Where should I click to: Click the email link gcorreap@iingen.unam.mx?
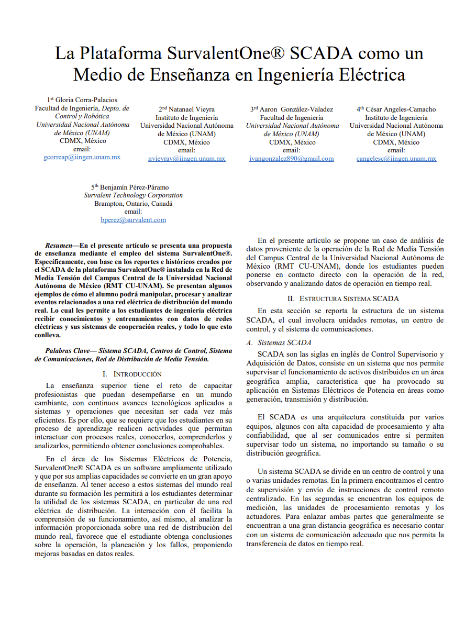pyautogui.click(x=82, y=157)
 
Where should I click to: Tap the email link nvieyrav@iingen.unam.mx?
pyautogui.click(x=186, y=159)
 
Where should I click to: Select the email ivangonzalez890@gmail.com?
pyautogui.click(x=292, y=159)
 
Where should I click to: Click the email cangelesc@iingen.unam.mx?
pyautogui.click(x=396, y=159)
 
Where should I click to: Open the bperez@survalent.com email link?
pyautogui.click(x=133, y=220)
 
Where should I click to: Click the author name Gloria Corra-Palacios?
pyautogui.click(x=85, y=99)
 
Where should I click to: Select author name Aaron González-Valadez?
pyautogui.click(x=295, y=109)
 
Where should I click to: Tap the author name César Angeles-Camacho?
pyautogui.click(x=400, y=109)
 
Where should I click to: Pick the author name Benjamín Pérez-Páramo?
pyautogui.click(x=134, y=187)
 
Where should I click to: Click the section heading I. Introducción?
pyautogui.click(x=132, y=374)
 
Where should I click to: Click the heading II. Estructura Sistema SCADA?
pyautogui.click(x=343, y=298)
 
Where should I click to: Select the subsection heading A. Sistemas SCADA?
pyautogui.click(x=282, y=342)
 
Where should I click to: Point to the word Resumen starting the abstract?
pyautogui.click(x=58, y=245)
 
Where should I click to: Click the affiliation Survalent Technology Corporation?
pyautogui.click(x=133, y=195)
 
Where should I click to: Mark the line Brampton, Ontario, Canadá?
pyautogui.click(x=133, y=204)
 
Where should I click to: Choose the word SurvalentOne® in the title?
pyautogui.click(x=226, y=53)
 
